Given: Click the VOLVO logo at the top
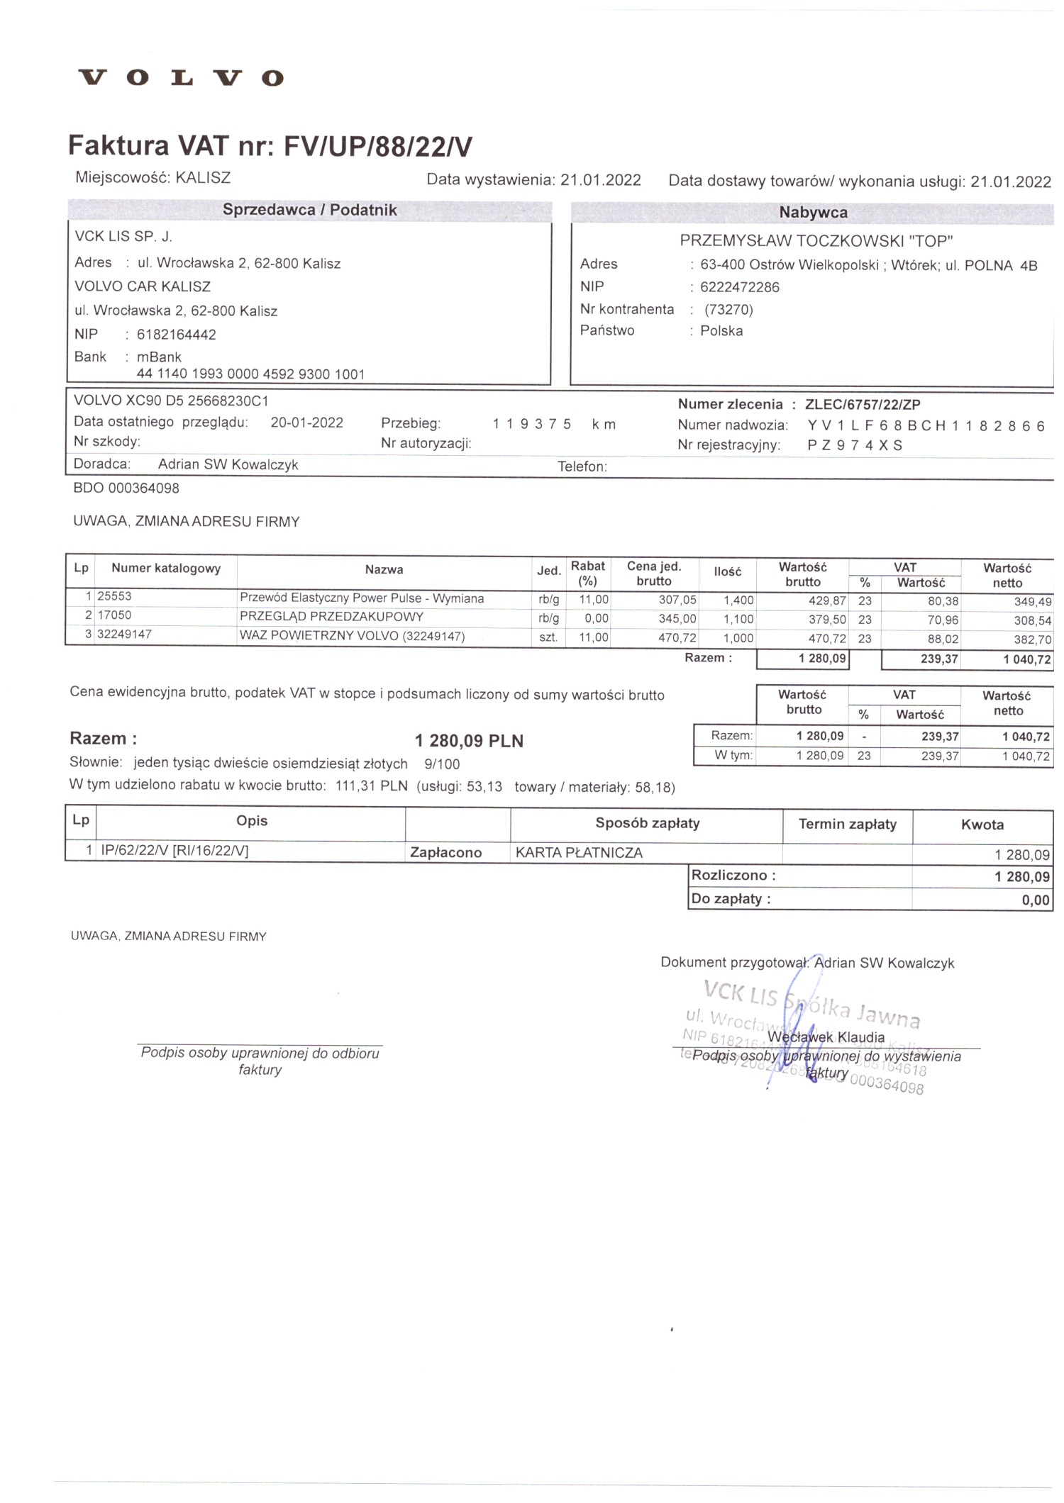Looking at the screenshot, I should click(182, 77).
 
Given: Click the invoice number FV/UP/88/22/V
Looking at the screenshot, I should click(377, 147).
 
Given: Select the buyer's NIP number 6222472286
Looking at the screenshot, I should click(739, 287).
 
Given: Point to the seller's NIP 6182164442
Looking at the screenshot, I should click(176, 335).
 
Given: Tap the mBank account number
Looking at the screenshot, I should click(250, 374).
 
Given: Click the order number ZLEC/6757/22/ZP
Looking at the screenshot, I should click(863, 405).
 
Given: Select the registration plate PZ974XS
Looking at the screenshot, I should click(855, 445).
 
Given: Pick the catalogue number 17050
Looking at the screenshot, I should click(114, 615).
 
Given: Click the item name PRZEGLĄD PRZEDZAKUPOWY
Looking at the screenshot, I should click(331, 617).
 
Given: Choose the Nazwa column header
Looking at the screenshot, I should click(384, 570).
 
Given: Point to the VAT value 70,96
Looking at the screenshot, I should click(943, 620).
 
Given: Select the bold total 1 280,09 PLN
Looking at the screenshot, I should click(469, 741).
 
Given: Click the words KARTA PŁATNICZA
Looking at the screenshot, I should click(579, 853).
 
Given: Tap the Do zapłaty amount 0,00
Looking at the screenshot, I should click(1035, 900).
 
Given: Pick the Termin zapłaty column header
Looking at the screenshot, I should click(847, 824).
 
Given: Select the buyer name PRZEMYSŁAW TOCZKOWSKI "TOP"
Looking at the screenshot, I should click(816, 241).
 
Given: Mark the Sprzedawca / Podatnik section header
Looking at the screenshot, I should click(309, 211).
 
